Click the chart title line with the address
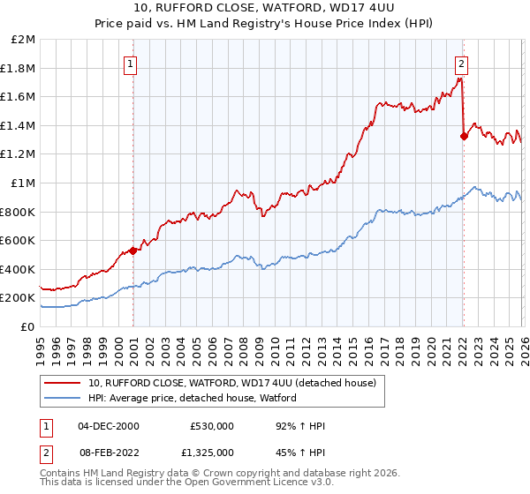point(265,9)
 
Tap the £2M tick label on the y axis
point(24,40)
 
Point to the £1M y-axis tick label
point(24,183)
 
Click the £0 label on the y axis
point(28,326)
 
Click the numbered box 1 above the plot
point(131,64)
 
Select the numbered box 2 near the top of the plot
point(461,64)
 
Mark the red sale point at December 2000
point(133,251)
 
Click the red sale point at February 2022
point(464,136)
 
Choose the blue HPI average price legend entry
point(192,399)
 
